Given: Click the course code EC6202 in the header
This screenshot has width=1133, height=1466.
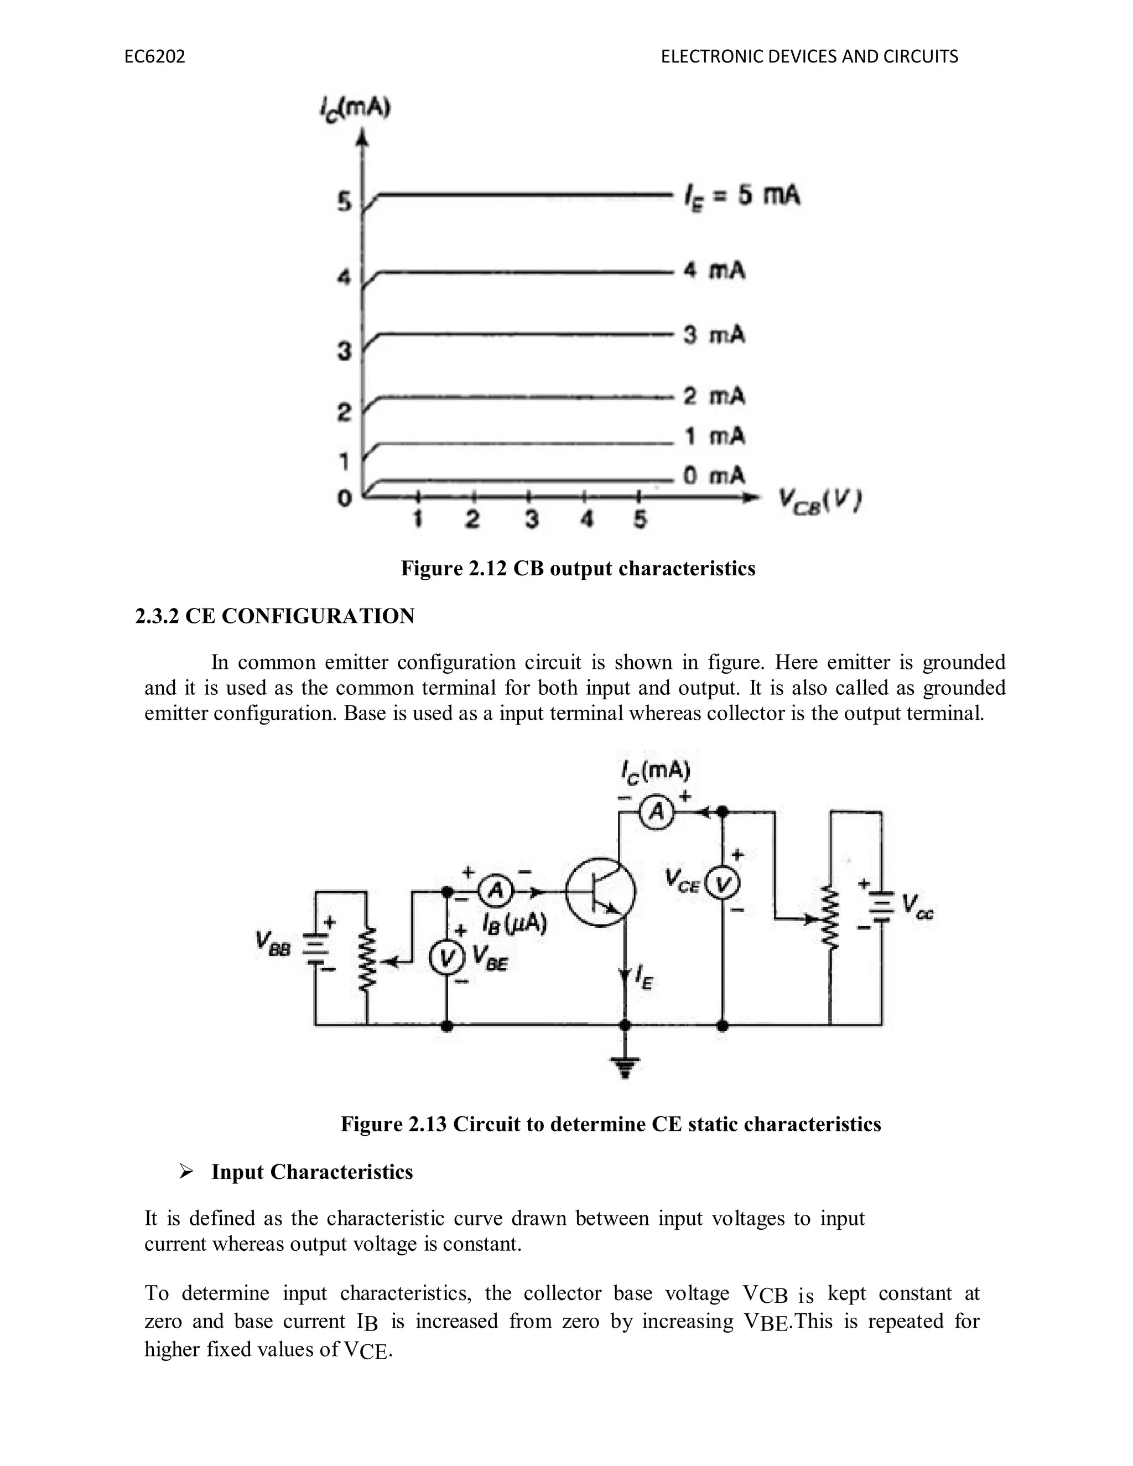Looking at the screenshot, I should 155,57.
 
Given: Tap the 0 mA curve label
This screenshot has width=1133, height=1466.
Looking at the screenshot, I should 714,476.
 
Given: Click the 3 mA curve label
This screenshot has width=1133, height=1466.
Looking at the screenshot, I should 714,334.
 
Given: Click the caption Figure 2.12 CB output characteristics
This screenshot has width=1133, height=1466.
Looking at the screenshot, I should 578,569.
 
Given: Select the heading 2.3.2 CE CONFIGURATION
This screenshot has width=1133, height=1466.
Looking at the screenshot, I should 274,616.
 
